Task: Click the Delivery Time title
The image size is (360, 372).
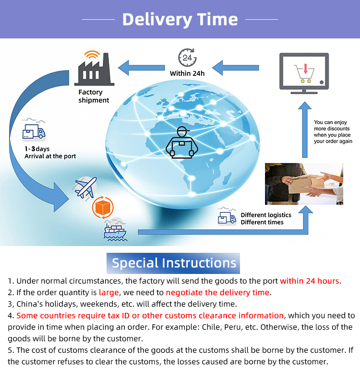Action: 180,20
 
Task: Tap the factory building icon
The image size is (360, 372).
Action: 95,68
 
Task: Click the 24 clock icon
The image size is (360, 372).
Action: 187,58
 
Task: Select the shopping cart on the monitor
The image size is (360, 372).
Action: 304,74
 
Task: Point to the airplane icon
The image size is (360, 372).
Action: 85,187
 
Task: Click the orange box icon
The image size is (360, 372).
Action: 103,207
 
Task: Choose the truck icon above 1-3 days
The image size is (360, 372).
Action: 34,131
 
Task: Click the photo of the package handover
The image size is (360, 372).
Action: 304,184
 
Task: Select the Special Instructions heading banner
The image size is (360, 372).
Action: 173,263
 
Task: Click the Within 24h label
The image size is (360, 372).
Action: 187,74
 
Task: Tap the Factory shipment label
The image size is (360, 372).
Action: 94,96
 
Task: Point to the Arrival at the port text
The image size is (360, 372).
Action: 50,156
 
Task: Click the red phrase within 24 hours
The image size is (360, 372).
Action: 310,281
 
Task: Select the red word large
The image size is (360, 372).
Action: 109,293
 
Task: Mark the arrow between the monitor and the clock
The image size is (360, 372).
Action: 235,68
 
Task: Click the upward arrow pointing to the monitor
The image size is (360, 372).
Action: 305,130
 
